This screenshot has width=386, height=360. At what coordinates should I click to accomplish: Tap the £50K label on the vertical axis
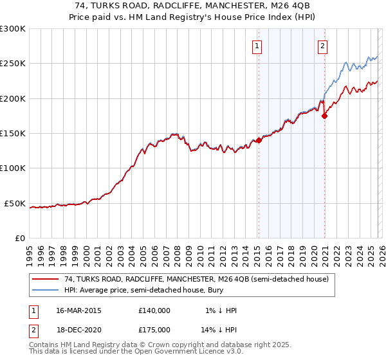click(x=15, y=203)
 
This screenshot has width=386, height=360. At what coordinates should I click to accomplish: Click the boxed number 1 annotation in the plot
click(x=257, y=46)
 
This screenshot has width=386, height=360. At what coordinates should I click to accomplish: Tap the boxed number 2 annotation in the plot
click(x=322, y=46)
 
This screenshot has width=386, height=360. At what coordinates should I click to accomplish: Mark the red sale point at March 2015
click(x=259, y=140)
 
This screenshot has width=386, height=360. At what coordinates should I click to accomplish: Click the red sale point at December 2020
click(x=324, y=116)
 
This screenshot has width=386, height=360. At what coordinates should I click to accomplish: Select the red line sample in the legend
click(x=45, y=279)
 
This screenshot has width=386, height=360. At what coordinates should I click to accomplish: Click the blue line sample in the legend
click(x=45, y=290)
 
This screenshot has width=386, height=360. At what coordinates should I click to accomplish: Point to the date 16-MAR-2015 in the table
click(x=78, y=310)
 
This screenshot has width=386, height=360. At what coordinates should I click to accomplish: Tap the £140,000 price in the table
click(x=154, y=310)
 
